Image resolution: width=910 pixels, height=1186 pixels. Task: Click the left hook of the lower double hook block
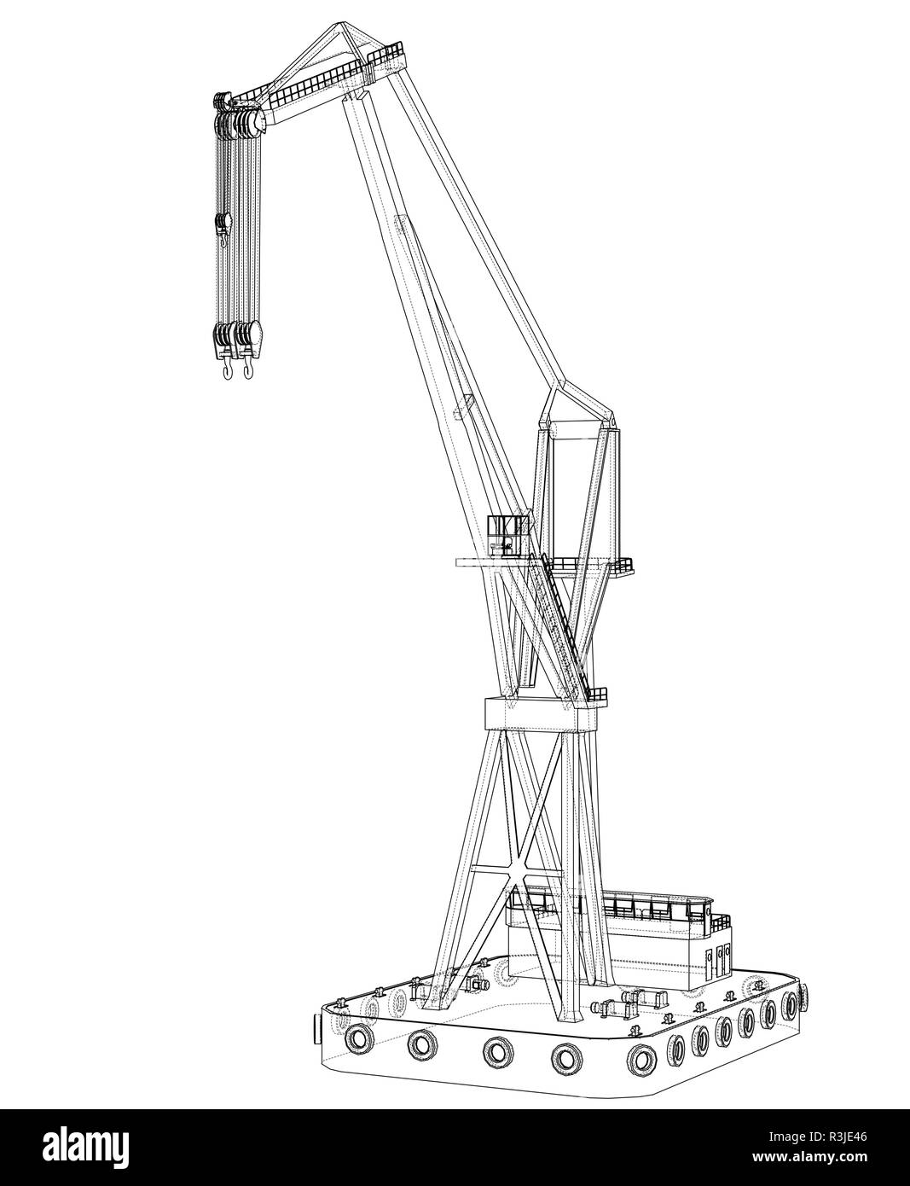[227, 369]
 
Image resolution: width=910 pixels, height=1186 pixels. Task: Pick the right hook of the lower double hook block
[249, 369]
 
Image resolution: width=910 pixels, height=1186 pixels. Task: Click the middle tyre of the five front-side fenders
[496, 1050]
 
